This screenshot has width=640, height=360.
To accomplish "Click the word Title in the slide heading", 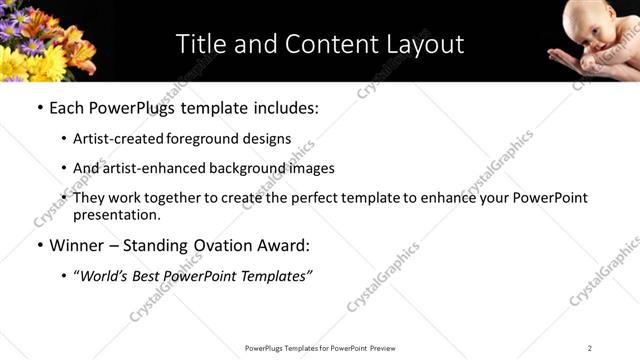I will coord(201,44).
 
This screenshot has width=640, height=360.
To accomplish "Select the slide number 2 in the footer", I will coord(590,348).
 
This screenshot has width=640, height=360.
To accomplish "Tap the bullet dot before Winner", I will coord(39,245).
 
